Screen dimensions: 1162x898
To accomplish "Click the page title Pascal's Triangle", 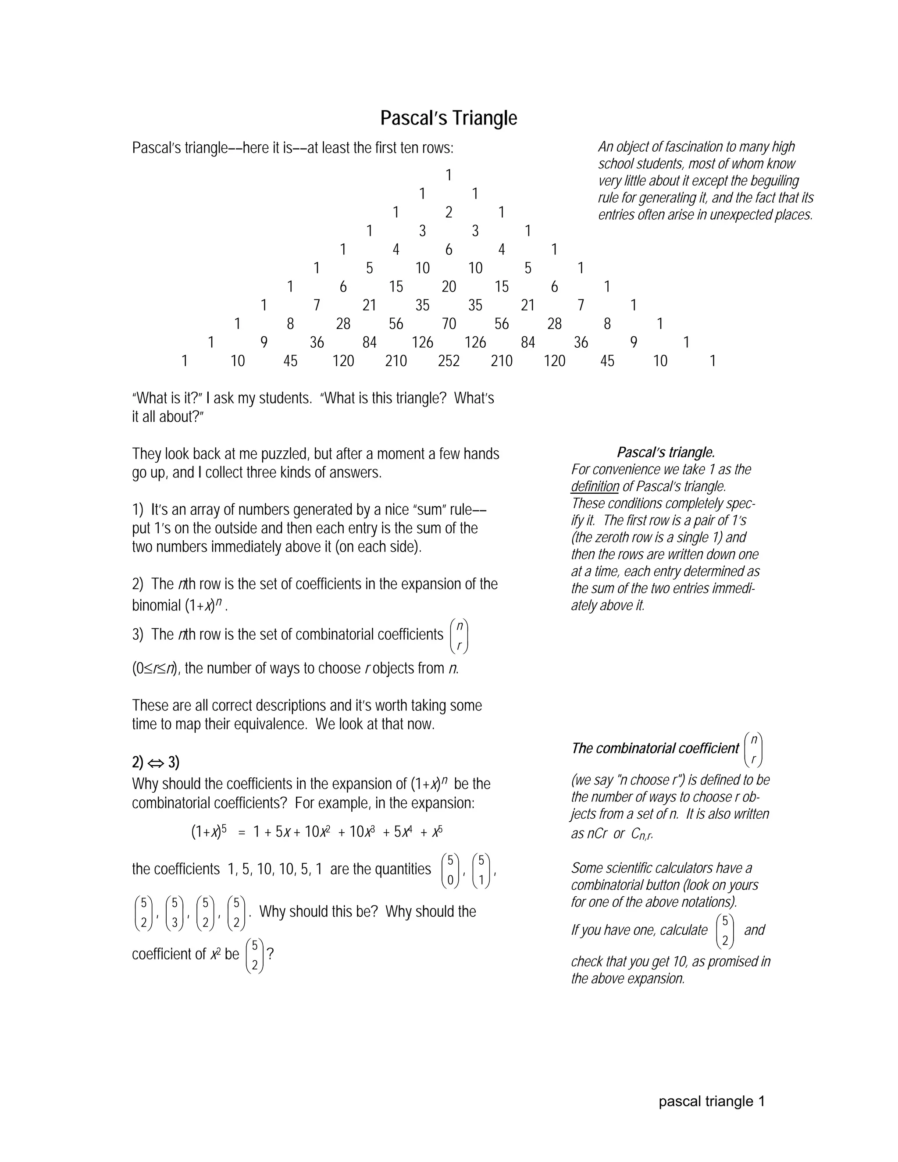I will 449,118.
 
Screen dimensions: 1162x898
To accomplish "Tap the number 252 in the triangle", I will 449,361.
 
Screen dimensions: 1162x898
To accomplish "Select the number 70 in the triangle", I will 449,324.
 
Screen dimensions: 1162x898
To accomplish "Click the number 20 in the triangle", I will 449,287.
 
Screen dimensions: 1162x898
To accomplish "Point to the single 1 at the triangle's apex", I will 449,175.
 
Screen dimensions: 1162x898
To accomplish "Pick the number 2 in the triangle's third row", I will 449,212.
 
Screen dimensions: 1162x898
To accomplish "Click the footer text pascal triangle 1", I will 711,1101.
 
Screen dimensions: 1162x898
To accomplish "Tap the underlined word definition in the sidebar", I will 595,486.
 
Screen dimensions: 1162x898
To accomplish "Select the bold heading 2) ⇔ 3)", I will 155,763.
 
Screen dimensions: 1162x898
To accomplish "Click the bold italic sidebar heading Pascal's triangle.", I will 666,452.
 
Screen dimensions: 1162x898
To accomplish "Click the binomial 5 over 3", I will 175,913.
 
